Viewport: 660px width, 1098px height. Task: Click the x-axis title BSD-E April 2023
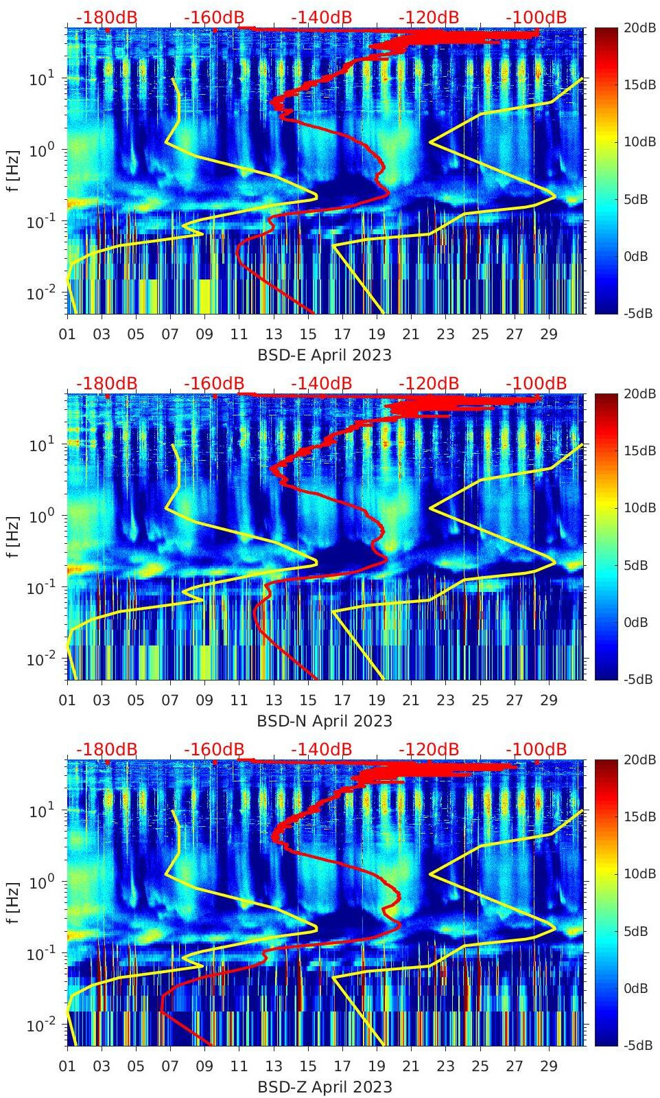click(325, 355)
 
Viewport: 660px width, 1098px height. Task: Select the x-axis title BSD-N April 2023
click(325, 721)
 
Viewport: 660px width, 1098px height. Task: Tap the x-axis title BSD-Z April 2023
click(325, 1087)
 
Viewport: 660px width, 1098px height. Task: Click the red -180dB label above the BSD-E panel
click(106, 17)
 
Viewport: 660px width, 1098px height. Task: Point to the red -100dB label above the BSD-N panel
click(536, 383)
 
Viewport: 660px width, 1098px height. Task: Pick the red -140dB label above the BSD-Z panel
click(321, 749)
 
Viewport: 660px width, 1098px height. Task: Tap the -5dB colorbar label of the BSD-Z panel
click(637, 1045)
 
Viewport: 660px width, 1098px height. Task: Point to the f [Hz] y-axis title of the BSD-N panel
click(13, 536)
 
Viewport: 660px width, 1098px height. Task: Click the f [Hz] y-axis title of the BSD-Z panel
click(13, 902)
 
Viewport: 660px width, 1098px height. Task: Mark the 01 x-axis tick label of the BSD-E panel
click(67, 334)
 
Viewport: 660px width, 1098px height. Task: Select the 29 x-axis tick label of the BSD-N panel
click(549, 700)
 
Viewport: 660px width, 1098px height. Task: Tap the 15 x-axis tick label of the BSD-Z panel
click(308, 1066)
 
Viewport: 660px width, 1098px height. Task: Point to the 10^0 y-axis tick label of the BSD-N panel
click(41, 516)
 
